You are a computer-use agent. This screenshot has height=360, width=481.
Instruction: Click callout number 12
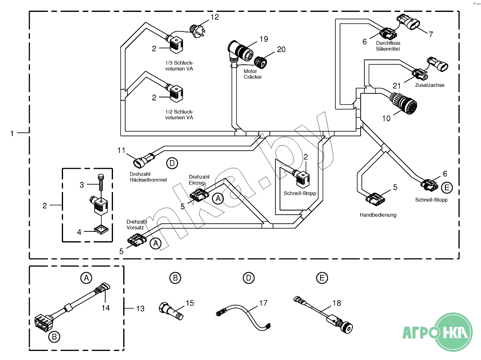pyautogui.click(x=215, y=17)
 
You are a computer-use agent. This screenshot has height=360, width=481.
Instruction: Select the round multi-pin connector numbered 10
pyautogui.click(x=402, y=103)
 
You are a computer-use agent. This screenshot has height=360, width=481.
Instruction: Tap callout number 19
pyautogui.click(x=263, y=39)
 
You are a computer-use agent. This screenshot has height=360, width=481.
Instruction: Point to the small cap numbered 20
pyautogui.click(x=261, y=62)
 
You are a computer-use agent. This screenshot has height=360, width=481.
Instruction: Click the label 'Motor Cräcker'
pyautogui.click(x=253, y=74)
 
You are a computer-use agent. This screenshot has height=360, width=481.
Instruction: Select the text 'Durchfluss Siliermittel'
pyautogui.click(x=388, y=46)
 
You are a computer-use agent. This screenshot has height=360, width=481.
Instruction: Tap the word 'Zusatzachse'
pyautogui.click(x=429, y=85)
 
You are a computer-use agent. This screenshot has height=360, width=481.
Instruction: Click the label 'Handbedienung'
pyautogui.click(x=378, y=215)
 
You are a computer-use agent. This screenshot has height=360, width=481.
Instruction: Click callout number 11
pyautogui.click(x=121, y=150)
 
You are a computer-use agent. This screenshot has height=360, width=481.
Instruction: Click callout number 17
pyautogui.click(x=263, y=303)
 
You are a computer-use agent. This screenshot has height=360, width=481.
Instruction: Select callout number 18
pyautogui.click(x=336, y=303)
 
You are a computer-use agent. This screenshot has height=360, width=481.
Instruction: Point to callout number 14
pyautogui.click(x=106, y=308)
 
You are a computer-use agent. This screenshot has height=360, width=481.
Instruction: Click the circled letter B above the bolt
pyautogui.click(x=175, y=278)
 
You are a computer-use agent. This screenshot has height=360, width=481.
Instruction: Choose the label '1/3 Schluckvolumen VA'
pyautogui.click(x=179, y=66)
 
